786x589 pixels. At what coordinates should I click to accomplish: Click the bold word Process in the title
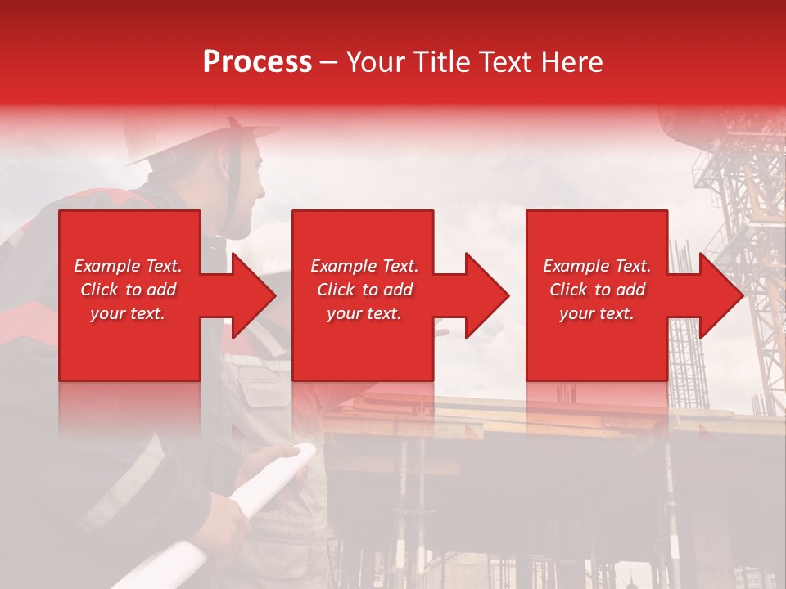(x=257, y=62)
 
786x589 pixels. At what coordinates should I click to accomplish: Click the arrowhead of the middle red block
(x=486, y=295)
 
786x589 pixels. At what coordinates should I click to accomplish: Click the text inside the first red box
(x=128, y=290)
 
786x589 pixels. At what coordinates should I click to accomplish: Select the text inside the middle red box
(x=364, y=290)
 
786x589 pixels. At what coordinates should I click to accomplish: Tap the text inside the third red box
(x=597, y=290)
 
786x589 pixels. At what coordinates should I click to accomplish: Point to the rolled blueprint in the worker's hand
(x=270, y=491)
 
